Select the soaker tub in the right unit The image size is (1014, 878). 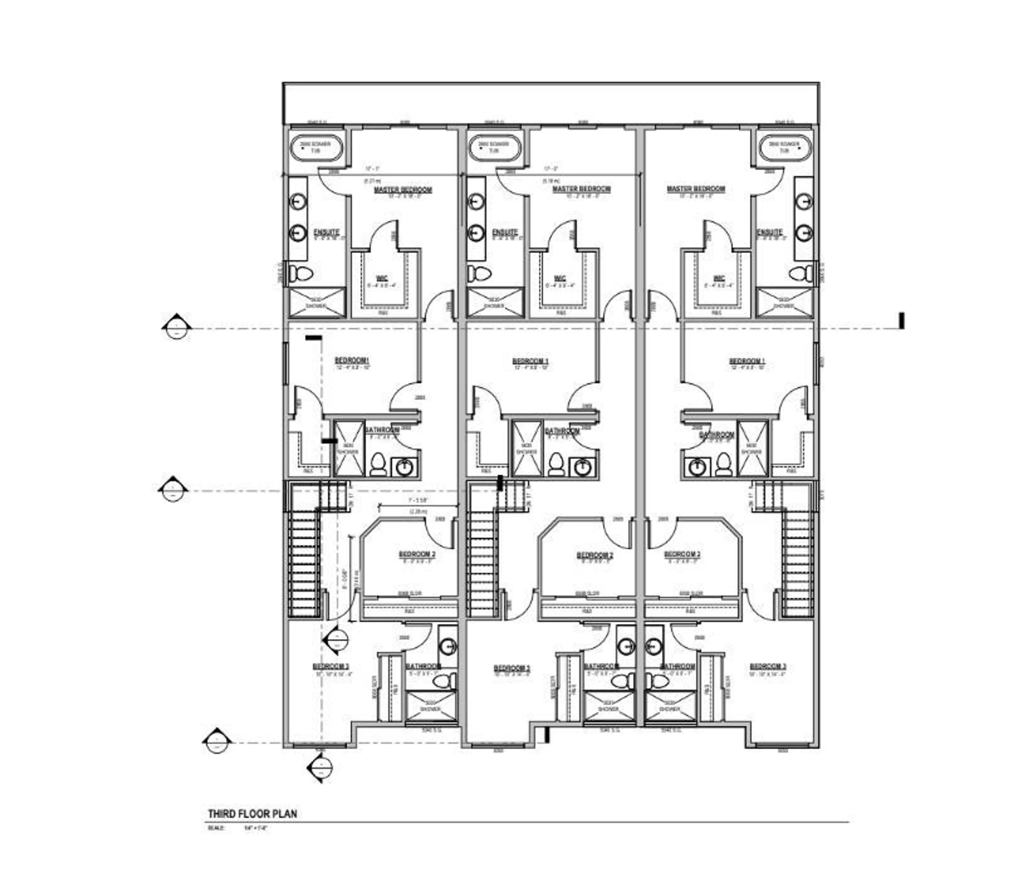[x=784, y=148]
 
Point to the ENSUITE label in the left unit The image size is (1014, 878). [x=326, y=232]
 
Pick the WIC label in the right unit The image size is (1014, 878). [x=719, y=278]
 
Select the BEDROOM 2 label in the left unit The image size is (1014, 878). [x=417, y=554]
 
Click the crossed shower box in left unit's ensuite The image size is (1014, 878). [x=318, y=302]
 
